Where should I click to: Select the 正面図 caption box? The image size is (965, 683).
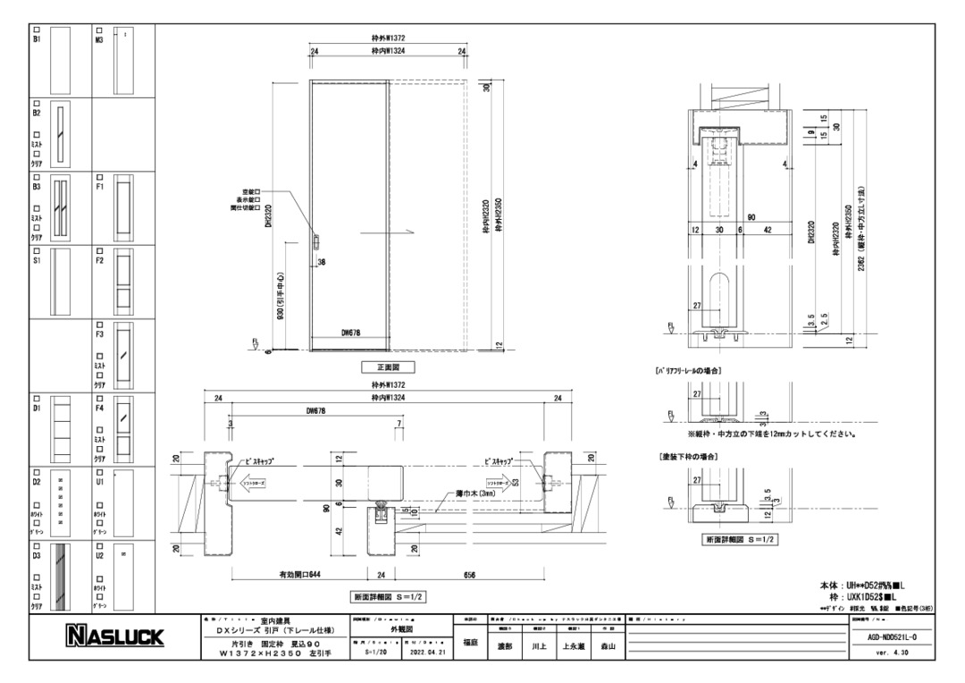click(388, 367)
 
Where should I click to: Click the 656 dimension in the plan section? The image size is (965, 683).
click(468, 574)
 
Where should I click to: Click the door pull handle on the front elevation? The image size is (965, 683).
click(316, 240)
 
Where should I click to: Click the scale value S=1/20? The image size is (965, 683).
click(376, 653)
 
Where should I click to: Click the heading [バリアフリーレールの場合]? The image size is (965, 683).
click(688, 369)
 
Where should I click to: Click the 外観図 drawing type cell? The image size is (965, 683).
click(400, 629)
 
